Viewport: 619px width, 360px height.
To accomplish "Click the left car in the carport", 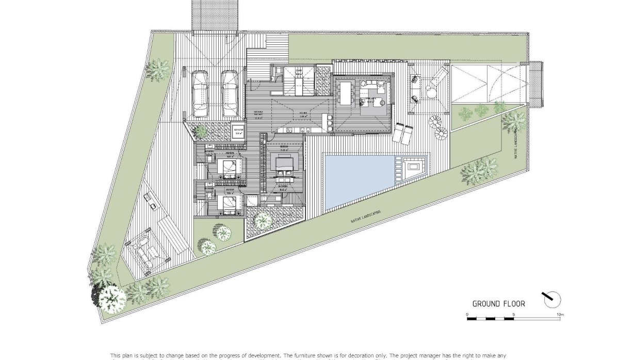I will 200,94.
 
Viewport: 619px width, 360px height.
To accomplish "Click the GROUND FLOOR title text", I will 499,304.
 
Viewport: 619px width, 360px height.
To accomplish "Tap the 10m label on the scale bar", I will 560,314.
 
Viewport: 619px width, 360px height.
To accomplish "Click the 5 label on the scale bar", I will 514,314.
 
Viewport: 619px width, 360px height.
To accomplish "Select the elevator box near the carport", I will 238,132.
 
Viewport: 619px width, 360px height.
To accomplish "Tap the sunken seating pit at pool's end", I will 412,167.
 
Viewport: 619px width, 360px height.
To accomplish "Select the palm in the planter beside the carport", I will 201,132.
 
